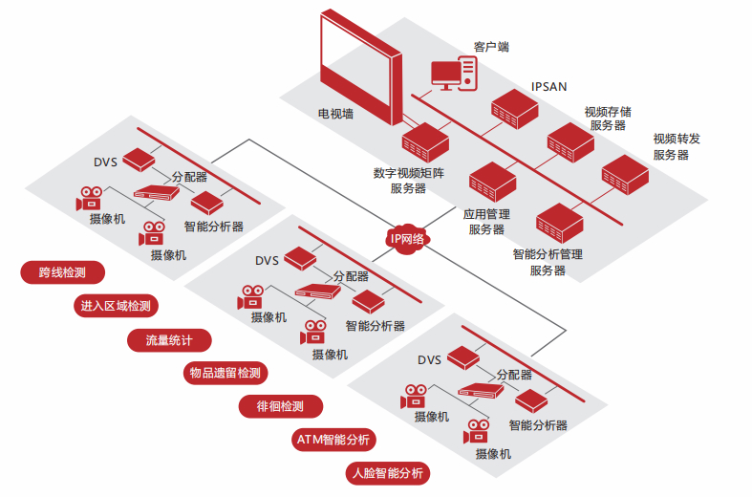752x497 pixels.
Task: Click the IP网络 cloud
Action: (x=407, y=238)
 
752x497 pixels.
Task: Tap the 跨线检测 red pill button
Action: (x=62, y=272)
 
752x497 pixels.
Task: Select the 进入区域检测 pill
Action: (x=116, y=306)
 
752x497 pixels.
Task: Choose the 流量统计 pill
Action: (x=169, y=340)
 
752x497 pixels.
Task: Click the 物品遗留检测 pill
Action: (x=225, y=373)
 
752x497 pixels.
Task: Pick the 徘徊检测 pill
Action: (x=281, y=406)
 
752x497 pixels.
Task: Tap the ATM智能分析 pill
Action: (x=333, y=440)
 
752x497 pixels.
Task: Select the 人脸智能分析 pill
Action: (x=388, y=473)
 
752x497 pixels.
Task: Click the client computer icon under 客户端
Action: (x=454, y=74)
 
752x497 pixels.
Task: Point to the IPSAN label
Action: (x=548, y=87)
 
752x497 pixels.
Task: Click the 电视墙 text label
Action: (x=335, y=114)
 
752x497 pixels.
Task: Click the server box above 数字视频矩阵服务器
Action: (x=425, y=142)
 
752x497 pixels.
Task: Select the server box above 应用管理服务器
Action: (x=492, y=182)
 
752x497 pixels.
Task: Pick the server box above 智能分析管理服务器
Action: (x=560, y=223)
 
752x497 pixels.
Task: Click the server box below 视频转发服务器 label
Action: (x=625, y=175)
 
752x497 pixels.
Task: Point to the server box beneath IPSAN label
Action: (x=515, y=109)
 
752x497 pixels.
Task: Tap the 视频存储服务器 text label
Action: (x=608, y=119)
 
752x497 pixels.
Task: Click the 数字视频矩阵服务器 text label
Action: (x=409, y=181)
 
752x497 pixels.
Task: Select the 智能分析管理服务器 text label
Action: (x=548, y=263)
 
